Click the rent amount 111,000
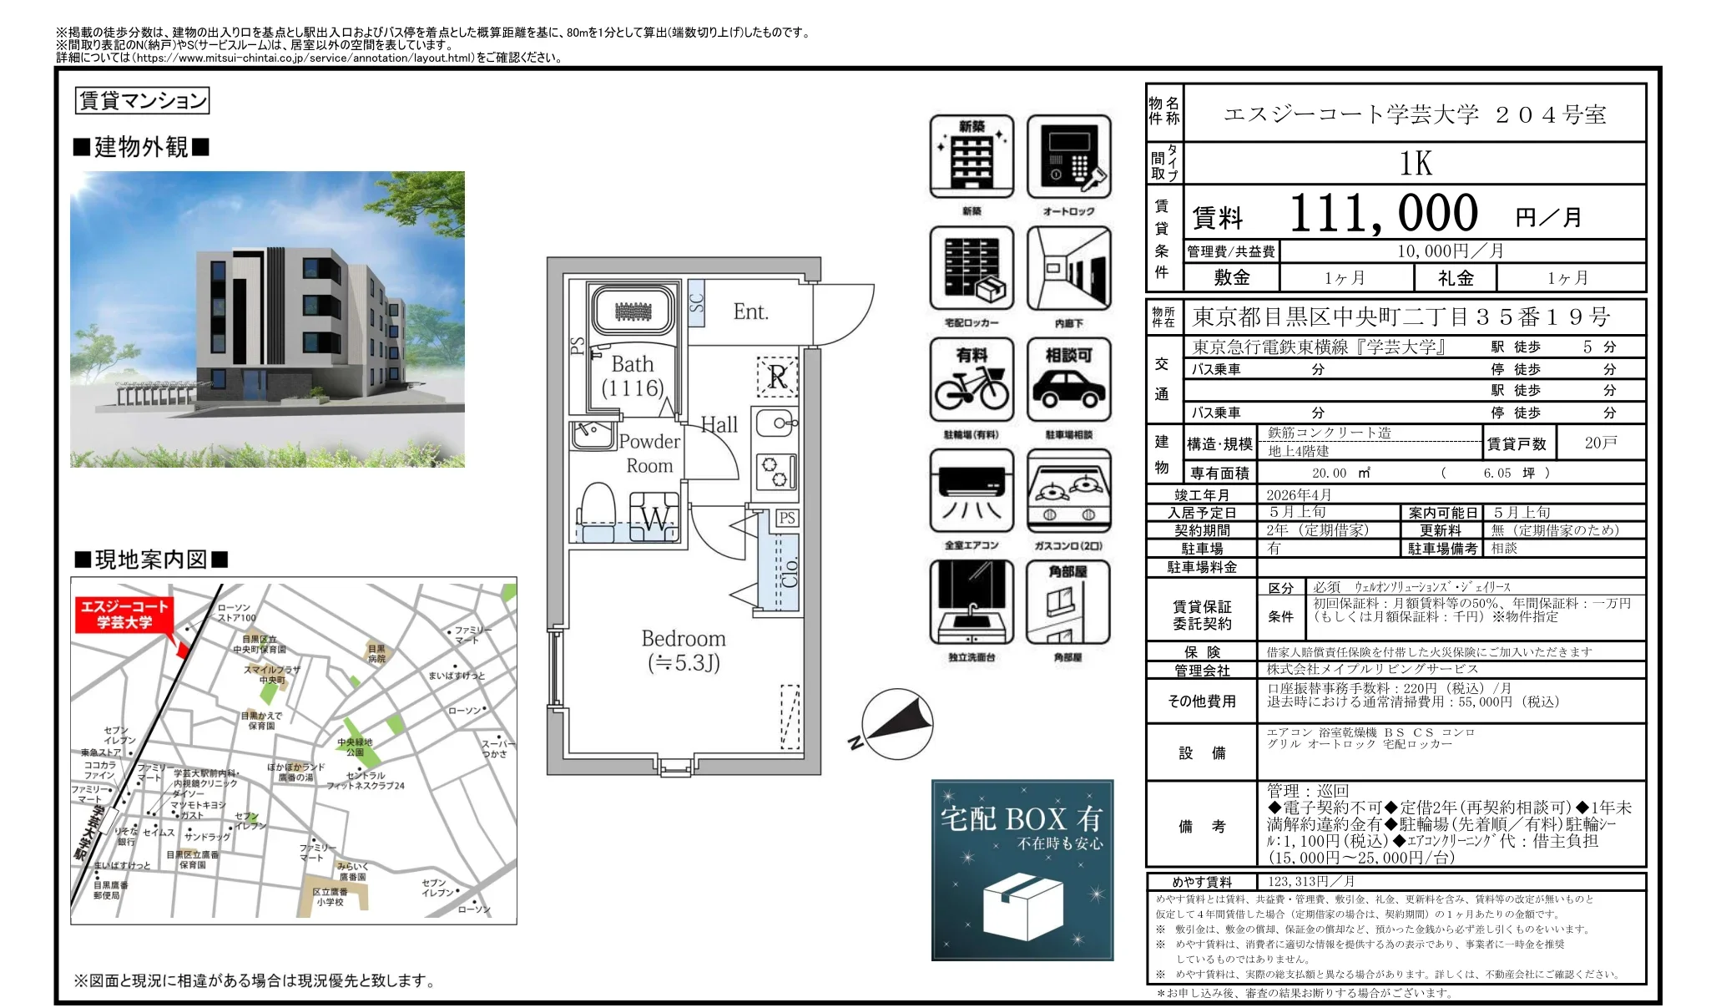[1384, 214]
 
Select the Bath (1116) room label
[633, 376]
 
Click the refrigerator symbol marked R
[777, 377]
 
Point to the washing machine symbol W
[655, 518]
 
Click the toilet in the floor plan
[597, 510]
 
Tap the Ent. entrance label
[749, 312]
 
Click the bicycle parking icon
[972, 380]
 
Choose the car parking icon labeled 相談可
[1068, 380]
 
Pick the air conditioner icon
[972, 491]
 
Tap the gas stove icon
[1068, 491]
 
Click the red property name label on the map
[124, 615]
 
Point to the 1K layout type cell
[1415, 164]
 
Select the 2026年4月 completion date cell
[1299, 495]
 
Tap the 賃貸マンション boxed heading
[142, 101]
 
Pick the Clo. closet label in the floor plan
[789, 572]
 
